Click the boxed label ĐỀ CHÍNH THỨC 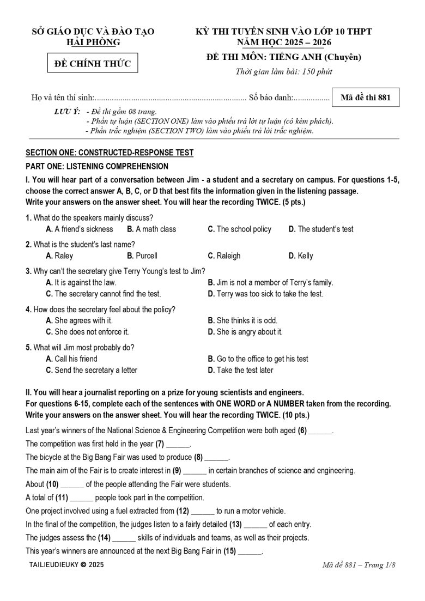tap(93, 64)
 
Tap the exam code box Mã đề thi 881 tap(365, 98)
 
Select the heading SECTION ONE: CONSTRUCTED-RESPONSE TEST tap(110, 153)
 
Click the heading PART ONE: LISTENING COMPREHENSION tap(97, 166)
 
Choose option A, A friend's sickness tap(80, 229)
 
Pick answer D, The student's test tap(321, 229)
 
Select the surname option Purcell tap(142, 256)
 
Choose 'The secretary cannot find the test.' tap(104, 294)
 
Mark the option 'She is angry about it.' tap(245, 331)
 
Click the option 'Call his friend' tap(72, 359)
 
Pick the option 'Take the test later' tap(240, 370)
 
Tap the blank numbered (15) tap(250, 551)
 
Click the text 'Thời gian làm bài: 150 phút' tap(283, 71)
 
